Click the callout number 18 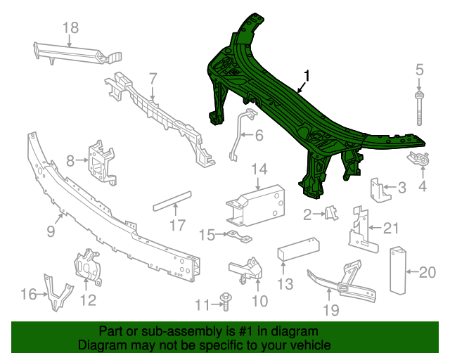tap(70, 27)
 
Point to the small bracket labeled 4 tap(420, 160)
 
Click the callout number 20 tap(427, 271)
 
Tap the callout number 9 tap(52, 230)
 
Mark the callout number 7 tap(152, 78)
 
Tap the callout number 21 tap(390, 227)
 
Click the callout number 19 tap(330, 309)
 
